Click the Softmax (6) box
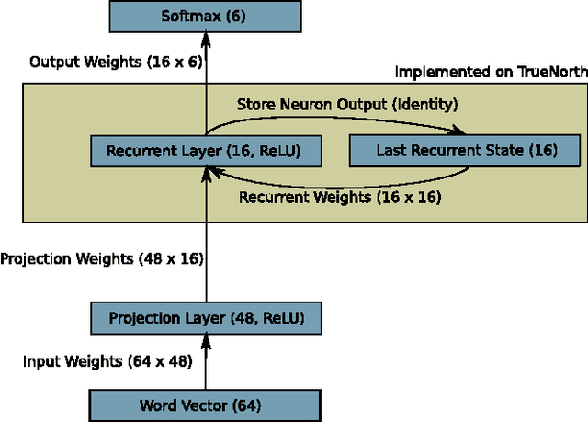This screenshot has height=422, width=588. point(203,16)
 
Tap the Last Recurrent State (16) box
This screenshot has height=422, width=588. point(466,150)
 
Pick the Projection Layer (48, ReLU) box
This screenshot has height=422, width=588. point(203,319)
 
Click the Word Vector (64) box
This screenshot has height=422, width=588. point(203,405)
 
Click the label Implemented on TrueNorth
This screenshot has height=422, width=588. point(491,72)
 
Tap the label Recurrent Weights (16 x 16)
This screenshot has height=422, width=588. point(340,196)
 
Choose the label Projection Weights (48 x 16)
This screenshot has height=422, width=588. point(102,259)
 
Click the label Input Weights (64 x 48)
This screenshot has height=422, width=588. point(107,361)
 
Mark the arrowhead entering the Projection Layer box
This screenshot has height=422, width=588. point(205,338)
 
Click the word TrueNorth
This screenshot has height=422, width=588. point(553,72)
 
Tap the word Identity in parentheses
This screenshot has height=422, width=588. point(428,104)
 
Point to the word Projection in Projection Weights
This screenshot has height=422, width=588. point(34,259)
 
